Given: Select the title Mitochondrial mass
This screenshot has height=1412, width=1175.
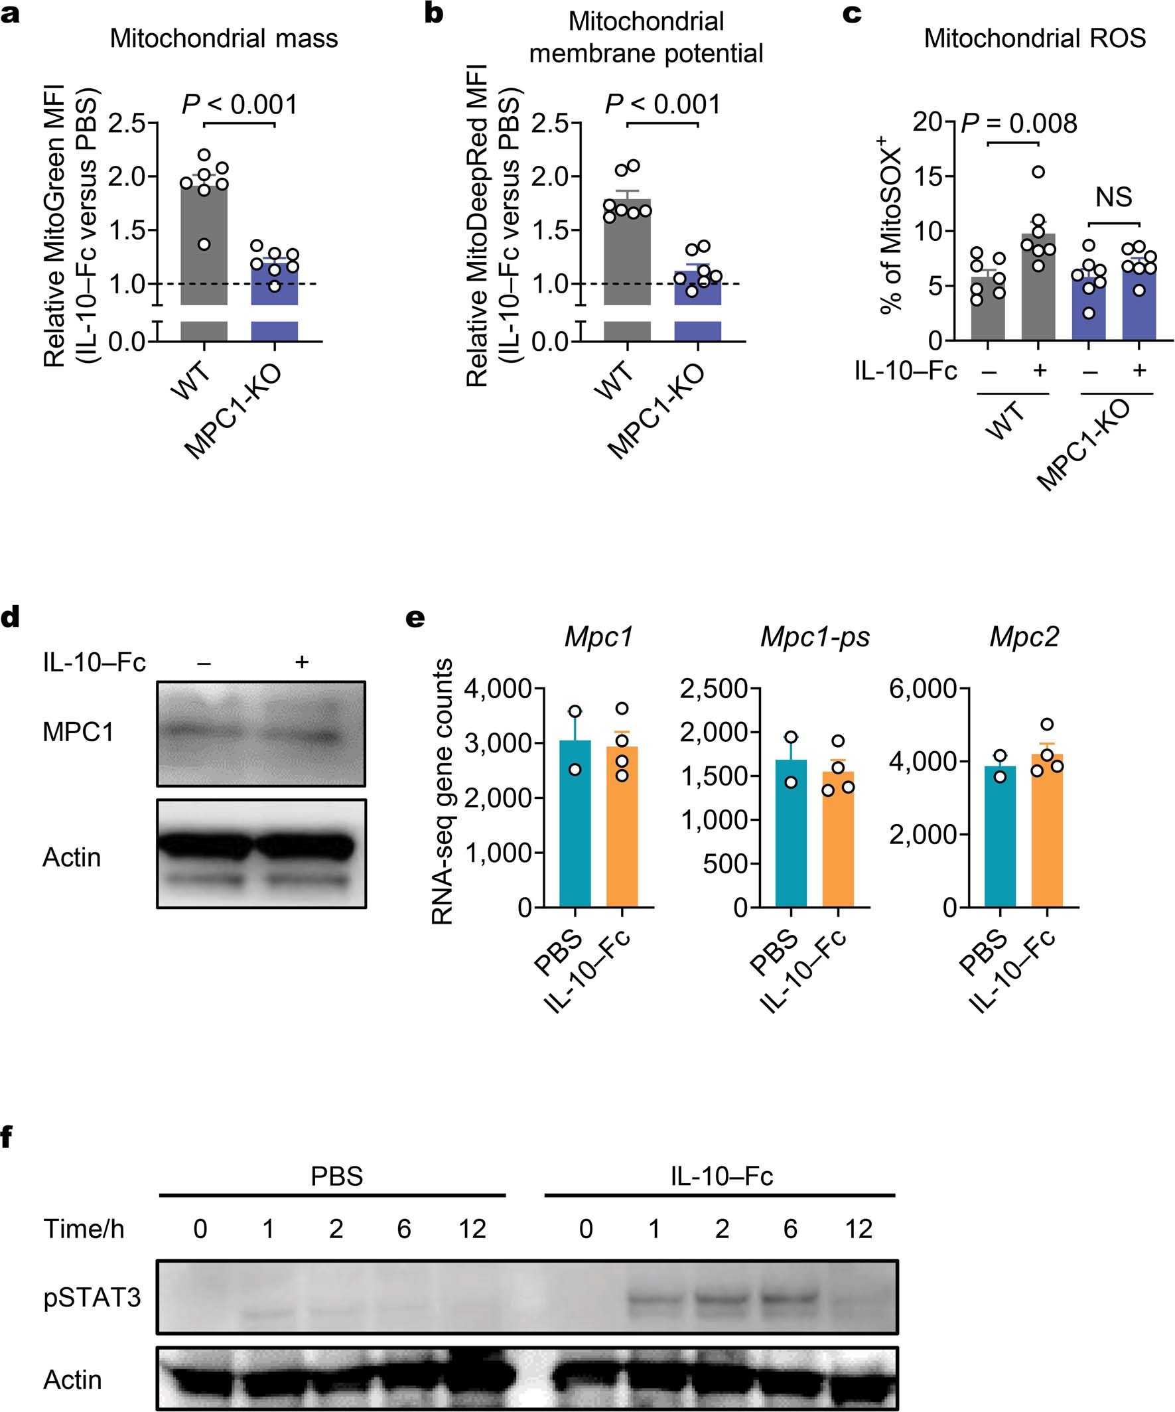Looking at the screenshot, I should click(x=224, y=38).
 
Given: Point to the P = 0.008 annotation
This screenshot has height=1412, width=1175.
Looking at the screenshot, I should click(x=1018, y=123).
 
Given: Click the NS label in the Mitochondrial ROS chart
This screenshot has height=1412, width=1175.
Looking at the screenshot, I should click(x=1113, y=197).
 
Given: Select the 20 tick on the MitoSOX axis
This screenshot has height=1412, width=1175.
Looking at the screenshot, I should click(x=930, y=122).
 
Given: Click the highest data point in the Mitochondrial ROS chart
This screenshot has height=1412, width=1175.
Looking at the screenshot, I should click(x=1038, y=172).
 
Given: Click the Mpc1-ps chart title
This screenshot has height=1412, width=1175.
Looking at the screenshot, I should click(x=815, y=637).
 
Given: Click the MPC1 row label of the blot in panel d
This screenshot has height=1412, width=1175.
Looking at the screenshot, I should click(x=78, y=733).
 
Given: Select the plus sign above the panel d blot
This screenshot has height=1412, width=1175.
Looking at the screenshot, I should click(x=302, y=662).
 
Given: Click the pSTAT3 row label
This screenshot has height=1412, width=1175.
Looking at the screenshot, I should click(x=92, y=1298).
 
